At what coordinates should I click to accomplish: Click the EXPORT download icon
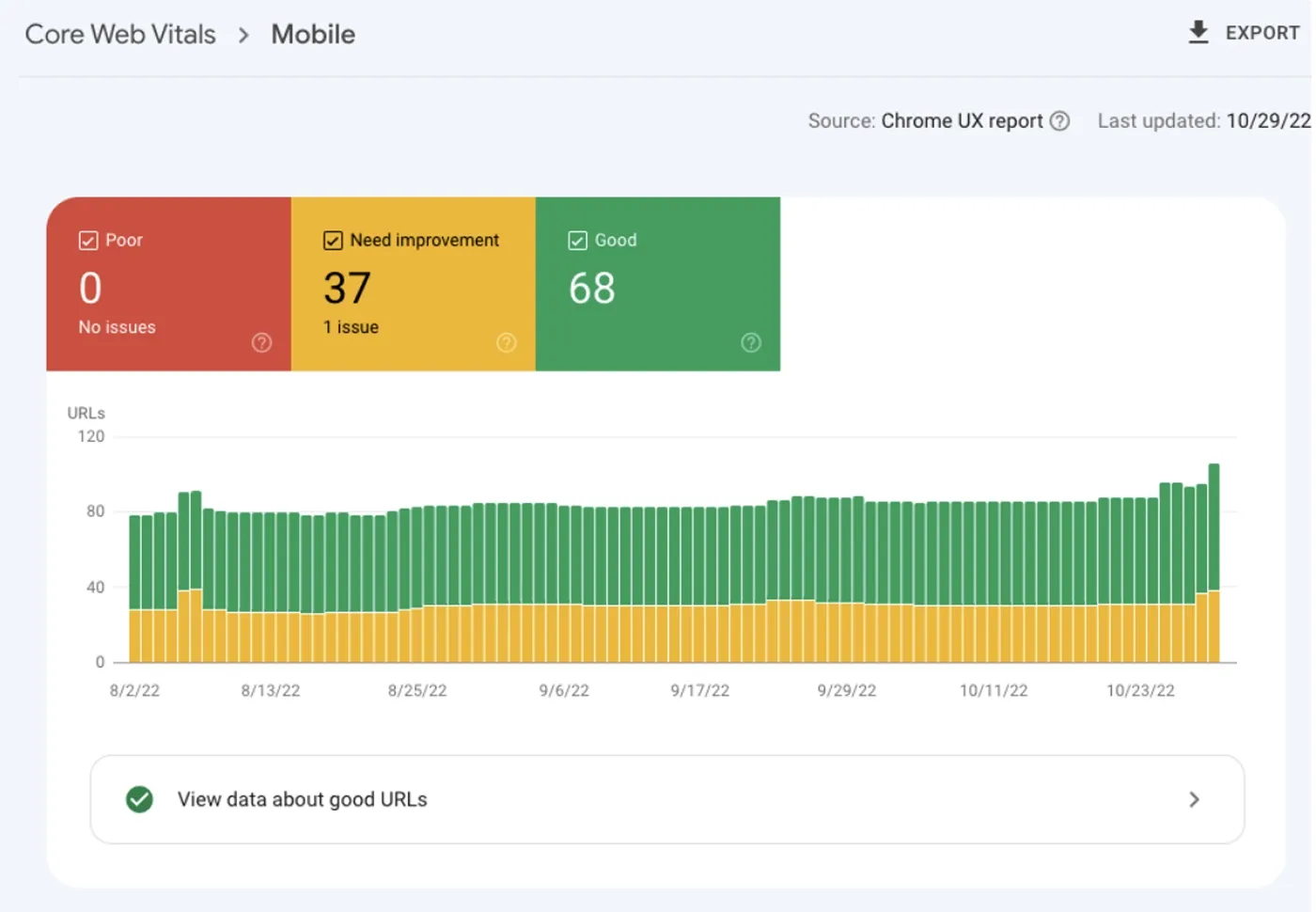1198,33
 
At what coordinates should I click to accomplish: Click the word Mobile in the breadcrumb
313,35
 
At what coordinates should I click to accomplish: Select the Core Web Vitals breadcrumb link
120,35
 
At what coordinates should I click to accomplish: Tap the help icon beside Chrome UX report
1059,121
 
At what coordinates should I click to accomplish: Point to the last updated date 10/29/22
1267,121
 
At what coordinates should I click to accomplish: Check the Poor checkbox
88,241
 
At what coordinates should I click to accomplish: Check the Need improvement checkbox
333,241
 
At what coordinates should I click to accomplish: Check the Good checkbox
577,241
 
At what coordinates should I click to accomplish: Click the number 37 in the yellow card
347,289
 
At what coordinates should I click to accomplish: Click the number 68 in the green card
592,289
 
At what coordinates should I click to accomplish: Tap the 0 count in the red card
90,289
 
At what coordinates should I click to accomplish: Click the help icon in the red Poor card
261,343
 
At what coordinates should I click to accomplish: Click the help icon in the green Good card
750,343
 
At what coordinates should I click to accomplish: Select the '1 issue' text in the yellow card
351,327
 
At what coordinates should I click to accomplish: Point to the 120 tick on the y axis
91,436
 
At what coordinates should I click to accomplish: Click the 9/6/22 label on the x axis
564,691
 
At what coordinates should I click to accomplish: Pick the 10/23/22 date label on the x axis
1140,691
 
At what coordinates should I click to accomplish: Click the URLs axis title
86,414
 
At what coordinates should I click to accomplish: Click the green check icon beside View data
139,799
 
